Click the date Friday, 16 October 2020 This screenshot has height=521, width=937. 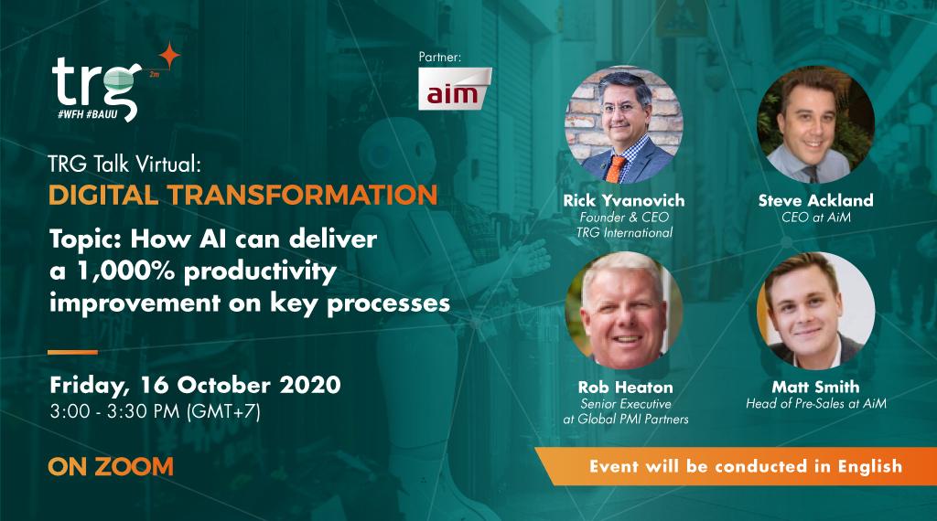click(x=195, y=384)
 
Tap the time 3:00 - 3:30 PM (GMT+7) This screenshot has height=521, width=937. click(x=156, y=411)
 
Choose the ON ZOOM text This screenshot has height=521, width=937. click(x=111, y=466)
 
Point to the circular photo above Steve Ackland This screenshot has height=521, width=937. click(x=815, y=124)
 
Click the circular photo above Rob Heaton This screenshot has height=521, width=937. click(x=624, y=311)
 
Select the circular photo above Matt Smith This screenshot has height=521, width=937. click(x=815, y=311)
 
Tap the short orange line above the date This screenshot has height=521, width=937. click(x=72, y=352)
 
